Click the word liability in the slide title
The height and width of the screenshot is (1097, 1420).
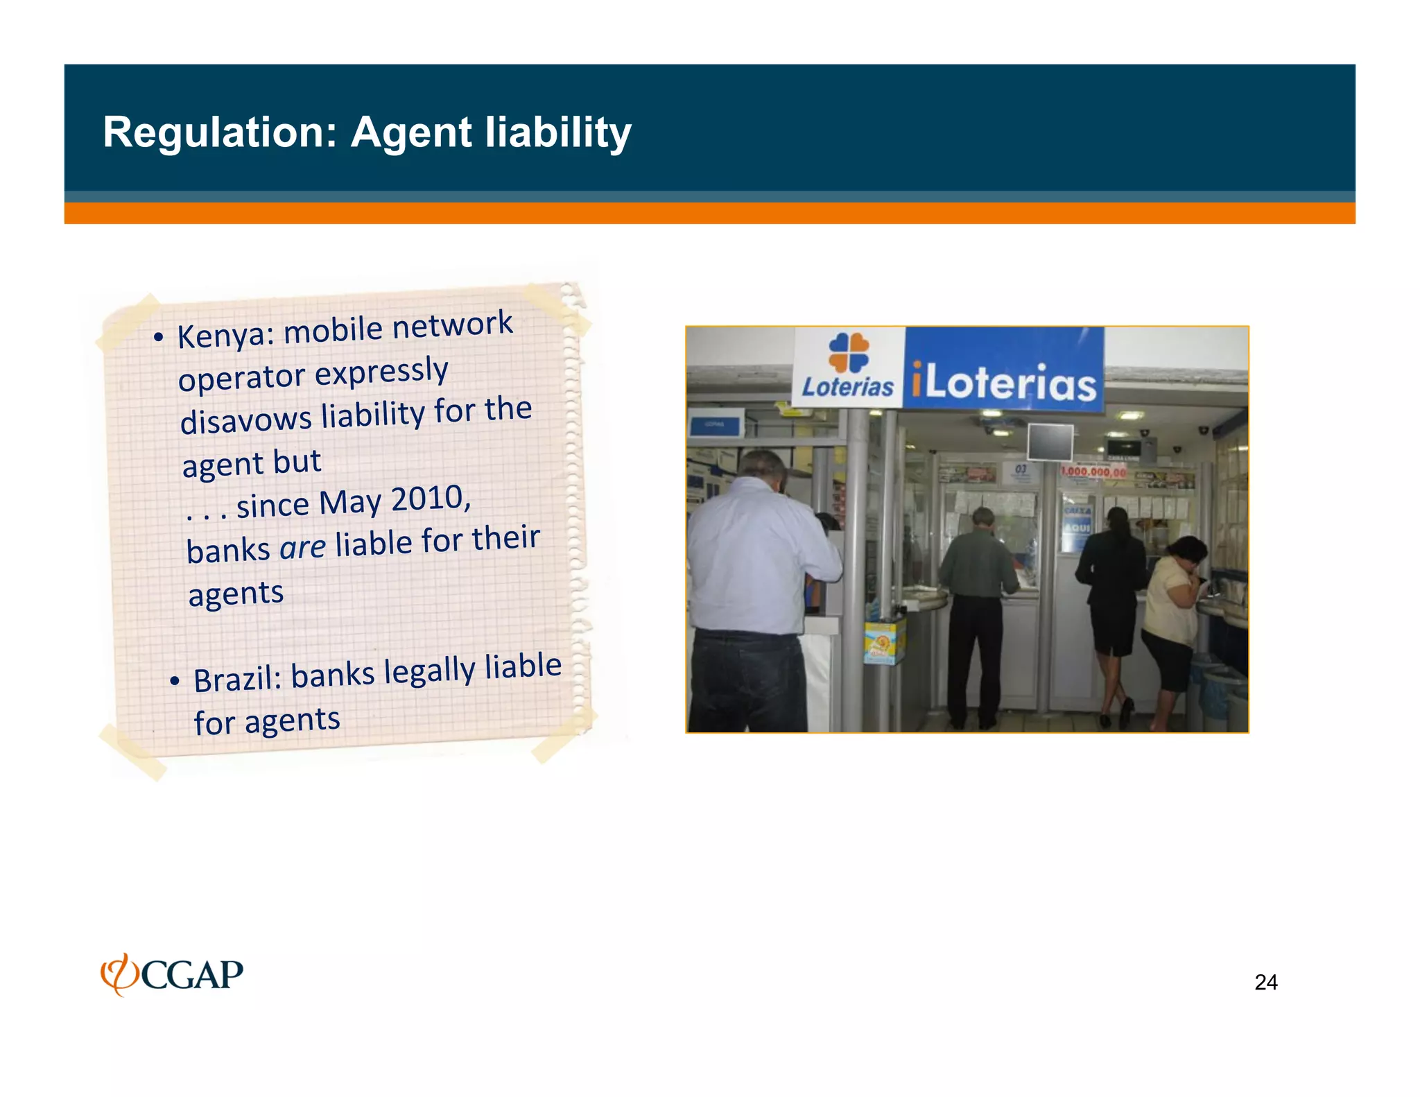(x=558, y=132)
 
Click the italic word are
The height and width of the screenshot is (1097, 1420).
(x=302, y=548)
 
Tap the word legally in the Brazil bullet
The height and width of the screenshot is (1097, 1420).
(x=429, y=671)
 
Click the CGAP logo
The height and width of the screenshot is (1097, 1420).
(x=172, y=974)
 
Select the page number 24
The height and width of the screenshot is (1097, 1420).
(x=1265, y=983)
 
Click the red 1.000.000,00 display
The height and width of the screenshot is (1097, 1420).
(x=1094, y=472)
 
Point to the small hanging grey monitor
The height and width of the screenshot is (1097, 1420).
(x=1050, y=442)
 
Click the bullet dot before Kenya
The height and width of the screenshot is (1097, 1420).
(x=159, y=338)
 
